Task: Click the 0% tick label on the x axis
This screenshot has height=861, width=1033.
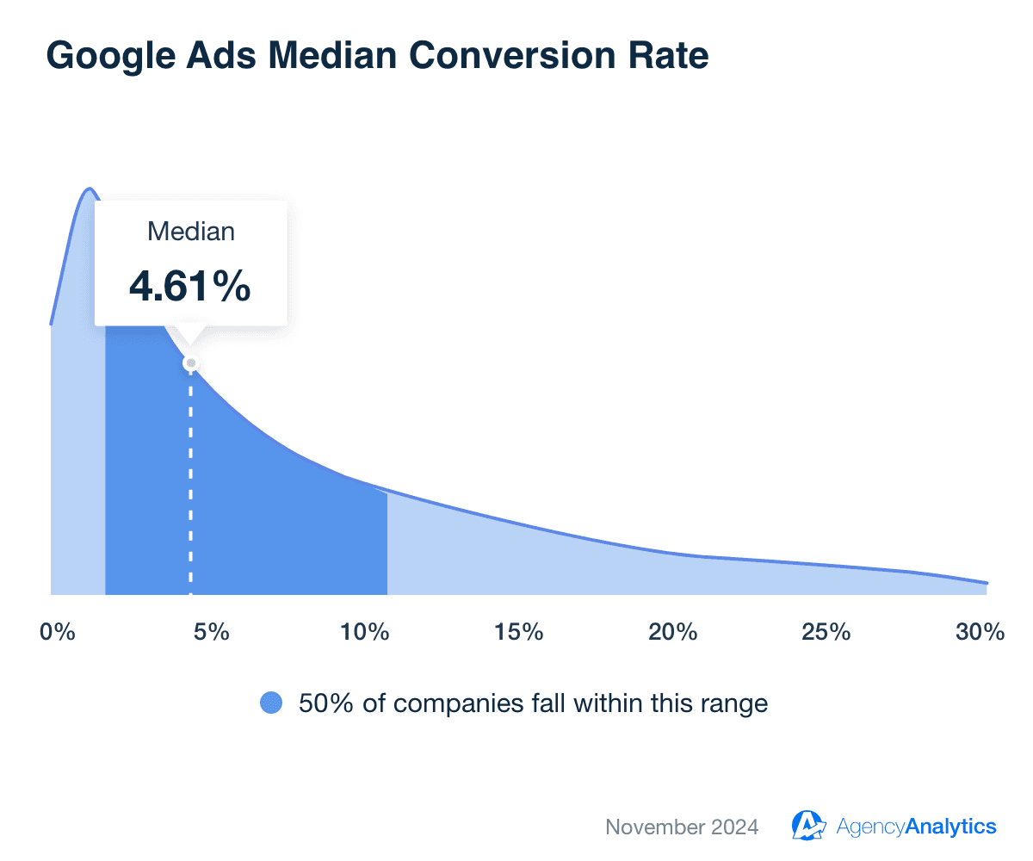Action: [58, 632]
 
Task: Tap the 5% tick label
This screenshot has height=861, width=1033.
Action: [211, 632]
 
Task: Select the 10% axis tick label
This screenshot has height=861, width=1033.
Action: [364, 632]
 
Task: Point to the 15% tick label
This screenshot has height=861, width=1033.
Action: [519, 632]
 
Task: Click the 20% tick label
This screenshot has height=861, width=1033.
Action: [672, 632]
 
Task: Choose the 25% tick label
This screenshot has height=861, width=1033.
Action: [826, 632]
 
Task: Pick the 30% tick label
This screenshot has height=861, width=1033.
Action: [980, 632]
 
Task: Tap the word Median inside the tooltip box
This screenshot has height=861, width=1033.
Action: [190, 232]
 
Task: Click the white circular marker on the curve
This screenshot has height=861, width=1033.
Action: [191, 362]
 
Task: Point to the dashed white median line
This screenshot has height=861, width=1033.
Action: [191, 482]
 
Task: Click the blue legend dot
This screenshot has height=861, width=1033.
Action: [271, 703]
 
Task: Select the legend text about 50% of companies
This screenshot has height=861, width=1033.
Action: [533, 703]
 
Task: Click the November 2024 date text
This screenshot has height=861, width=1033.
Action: [682, 827]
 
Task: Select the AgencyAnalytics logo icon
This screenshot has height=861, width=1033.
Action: [808, 826]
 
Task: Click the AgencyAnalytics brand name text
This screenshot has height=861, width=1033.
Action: [916, 827]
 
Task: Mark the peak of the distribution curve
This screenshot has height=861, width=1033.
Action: [88, 189]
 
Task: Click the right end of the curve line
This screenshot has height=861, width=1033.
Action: [986, 583]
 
